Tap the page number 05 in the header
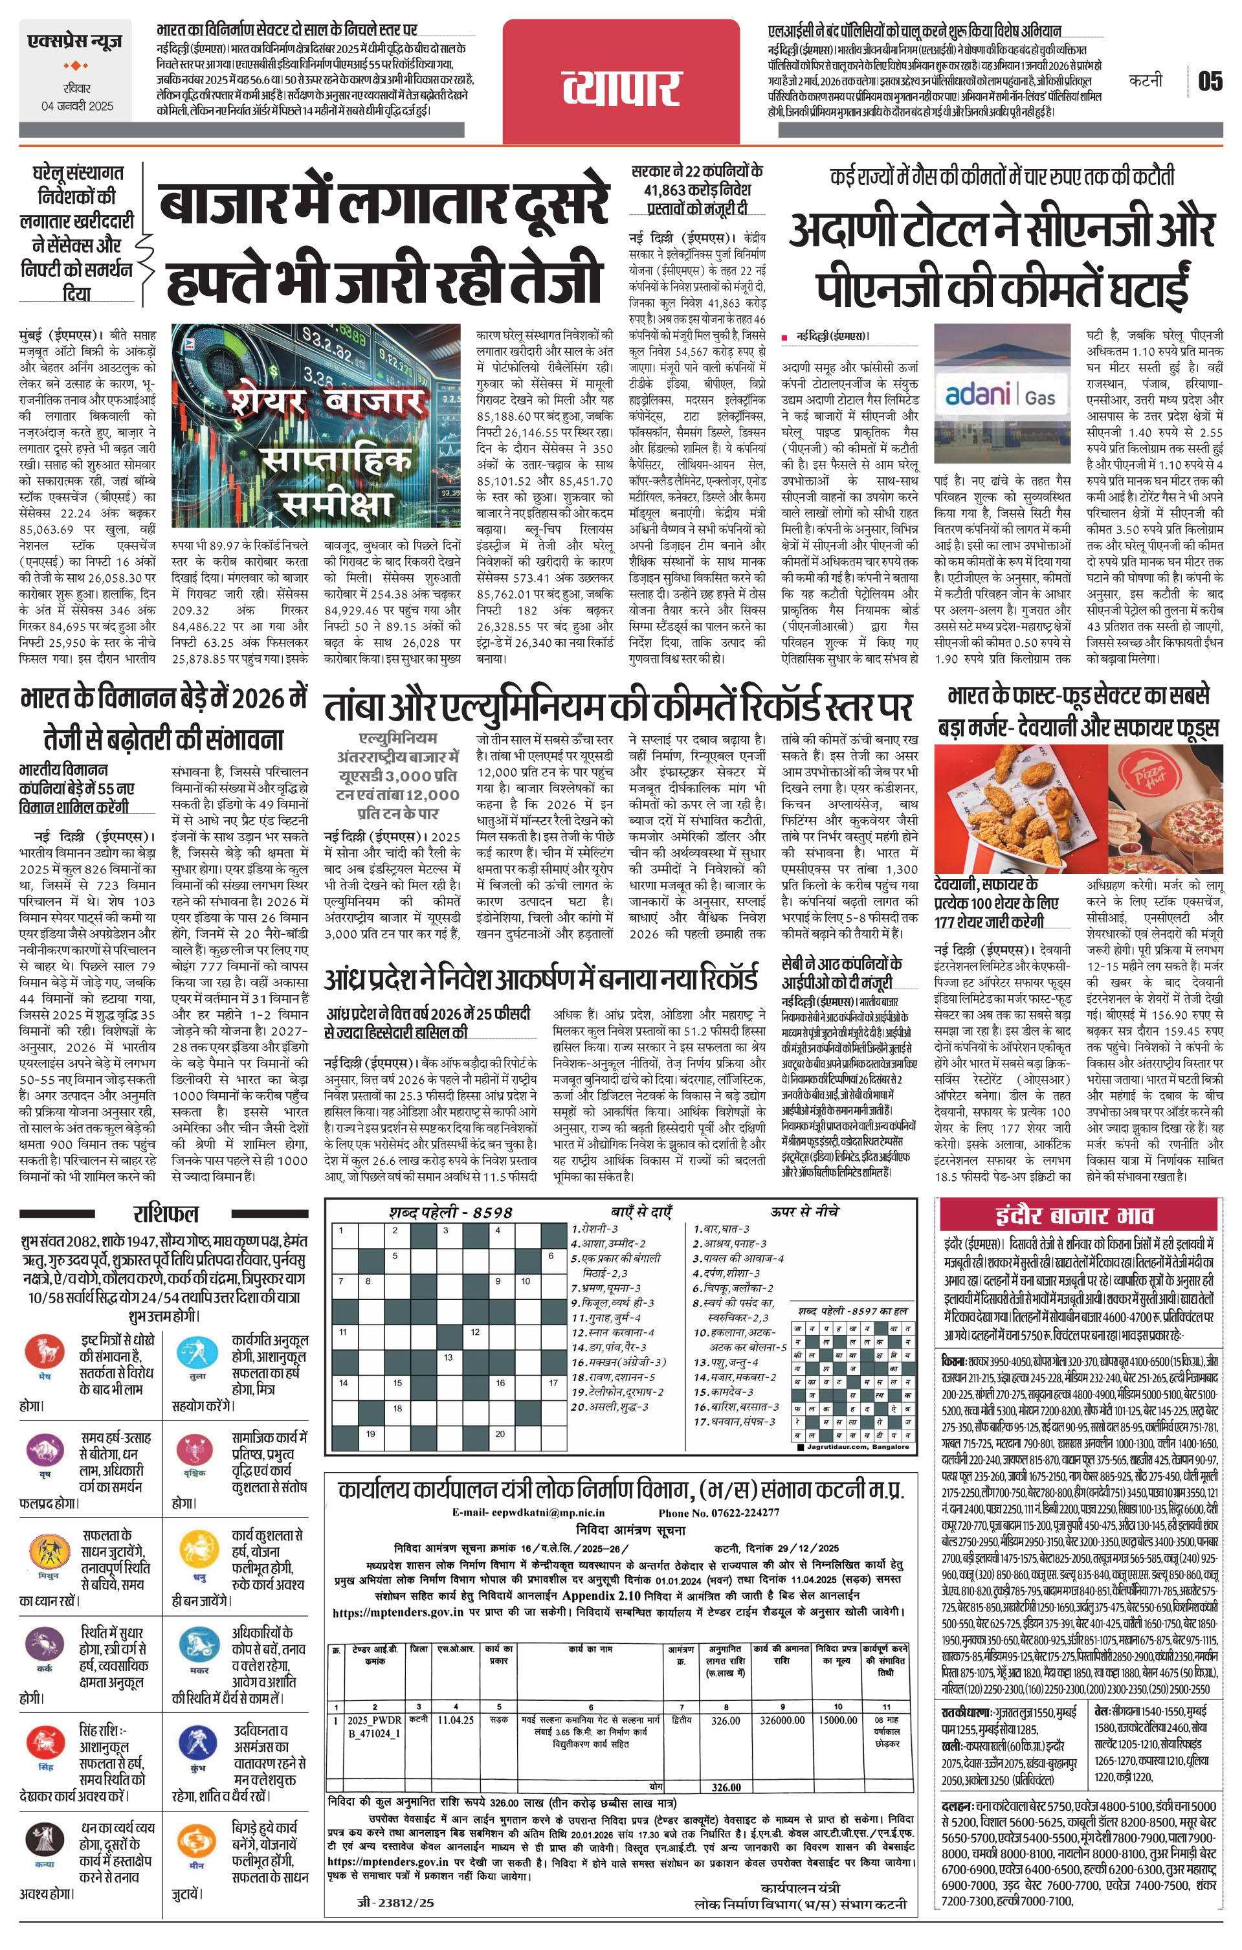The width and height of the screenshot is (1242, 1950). coord(1210,81)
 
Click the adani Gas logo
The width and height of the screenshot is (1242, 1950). coord(1000,395)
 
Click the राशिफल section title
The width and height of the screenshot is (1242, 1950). coord(166,1213)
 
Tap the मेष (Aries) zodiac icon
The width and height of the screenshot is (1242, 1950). coord(44,1352)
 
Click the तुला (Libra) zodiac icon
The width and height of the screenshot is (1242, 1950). coord(197,1352)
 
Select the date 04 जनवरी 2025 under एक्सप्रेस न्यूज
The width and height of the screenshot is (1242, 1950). coord(78,106)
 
